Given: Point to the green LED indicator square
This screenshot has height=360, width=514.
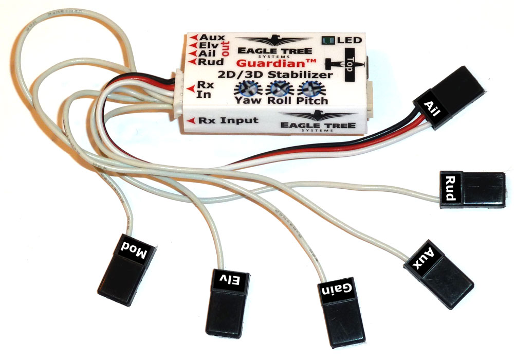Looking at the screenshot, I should pyautogui.click(x=326, y=40).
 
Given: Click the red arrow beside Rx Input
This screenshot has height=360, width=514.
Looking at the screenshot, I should pyautogui.click(x=191, y=120).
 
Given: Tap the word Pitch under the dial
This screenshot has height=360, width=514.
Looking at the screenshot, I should pyautogui.click(x=313, y=100).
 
